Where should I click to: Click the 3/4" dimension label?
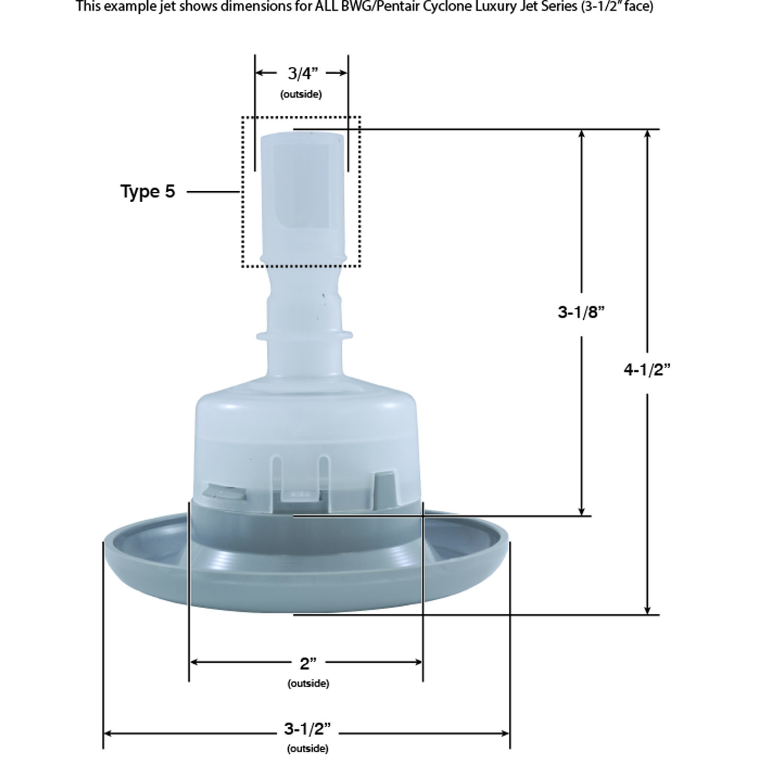(x=302, y=74)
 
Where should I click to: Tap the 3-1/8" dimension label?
(x=581, y=312)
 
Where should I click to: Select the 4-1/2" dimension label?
(x=647, y=370)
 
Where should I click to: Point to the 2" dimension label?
(x=308, y=664)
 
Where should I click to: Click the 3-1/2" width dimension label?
(x=307, y=729)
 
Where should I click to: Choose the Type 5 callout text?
(x=148, y=192)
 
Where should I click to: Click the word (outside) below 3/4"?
(x=301, y=94)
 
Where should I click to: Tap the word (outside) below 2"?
(x=308, y=684)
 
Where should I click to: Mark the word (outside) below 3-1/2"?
(x=308, y=749)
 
